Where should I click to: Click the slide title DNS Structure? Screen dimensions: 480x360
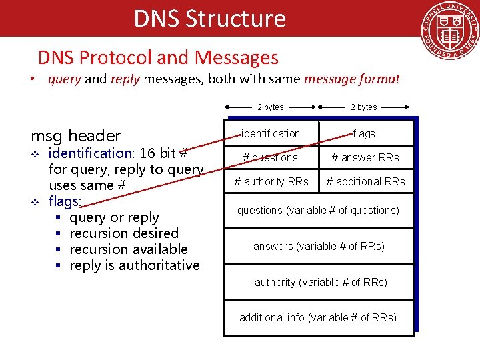click(209, 18)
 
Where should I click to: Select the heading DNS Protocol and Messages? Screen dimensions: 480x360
click(158, 58)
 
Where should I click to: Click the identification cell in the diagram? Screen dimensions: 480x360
click(271, 133)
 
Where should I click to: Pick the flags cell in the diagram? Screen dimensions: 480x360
click(364, 133)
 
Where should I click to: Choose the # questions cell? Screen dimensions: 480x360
click(270, 157)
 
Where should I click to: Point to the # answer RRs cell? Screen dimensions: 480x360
click(365, 157)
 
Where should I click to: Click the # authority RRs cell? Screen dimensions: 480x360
click(271, 181)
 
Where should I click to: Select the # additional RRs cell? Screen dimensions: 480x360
click(365, 181)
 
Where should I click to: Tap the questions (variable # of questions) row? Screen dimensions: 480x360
click(319, 211)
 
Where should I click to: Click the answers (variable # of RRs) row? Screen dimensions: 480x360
click(319, 247)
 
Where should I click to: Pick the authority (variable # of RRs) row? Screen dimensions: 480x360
click(321, 282)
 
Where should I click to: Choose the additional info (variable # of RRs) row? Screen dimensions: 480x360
click(318, 317)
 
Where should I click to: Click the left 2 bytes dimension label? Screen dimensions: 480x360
click(271, 107)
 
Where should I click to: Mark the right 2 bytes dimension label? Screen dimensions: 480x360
click(364, 107)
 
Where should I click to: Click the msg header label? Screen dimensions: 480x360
click(76, 136)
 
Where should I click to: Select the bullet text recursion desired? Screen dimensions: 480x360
click(124, 233)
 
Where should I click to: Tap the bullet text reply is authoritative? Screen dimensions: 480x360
click(135, 265)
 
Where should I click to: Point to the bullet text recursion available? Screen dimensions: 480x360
click(129, 249)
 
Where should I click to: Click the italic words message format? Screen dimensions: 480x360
click(352, 79)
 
